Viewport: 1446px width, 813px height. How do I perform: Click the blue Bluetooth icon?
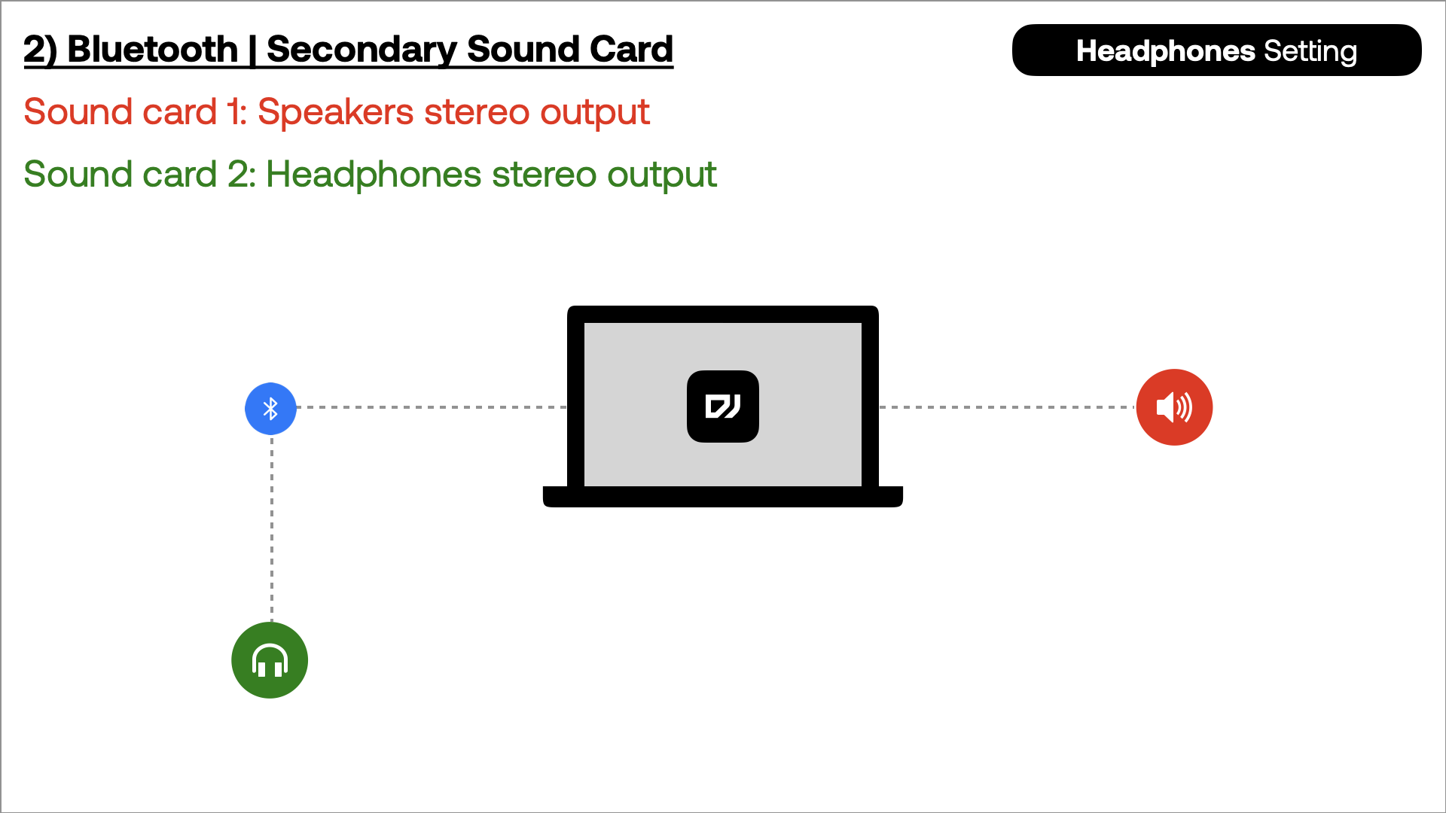pos(270,409)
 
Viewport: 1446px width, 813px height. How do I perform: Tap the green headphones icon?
pos(270,660)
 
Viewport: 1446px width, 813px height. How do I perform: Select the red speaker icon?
pos(1174,407)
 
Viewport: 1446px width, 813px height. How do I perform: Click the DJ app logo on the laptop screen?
pos(723,406)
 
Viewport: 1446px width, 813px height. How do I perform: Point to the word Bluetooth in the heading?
pos(153,50)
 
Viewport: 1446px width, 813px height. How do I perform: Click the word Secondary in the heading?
pos(361,50)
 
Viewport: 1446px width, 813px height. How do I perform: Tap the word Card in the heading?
pos(631,50)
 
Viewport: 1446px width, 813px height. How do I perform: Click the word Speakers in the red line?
pos(336,113)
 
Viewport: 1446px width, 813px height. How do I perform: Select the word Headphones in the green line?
pos(374,175)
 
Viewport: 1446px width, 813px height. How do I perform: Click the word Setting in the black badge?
pos(1310,52)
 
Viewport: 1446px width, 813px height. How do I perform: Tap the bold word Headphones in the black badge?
pos(1166,51)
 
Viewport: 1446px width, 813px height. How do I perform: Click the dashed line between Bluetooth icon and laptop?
pos(432,407)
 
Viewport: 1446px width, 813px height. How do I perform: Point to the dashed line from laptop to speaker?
pos(1008,407)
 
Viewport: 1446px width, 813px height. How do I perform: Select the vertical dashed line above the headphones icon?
pos(272,528)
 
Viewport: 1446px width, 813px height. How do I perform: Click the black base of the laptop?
pos(723,497)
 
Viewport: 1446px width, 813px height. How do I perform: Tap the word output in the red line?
pos(594,113)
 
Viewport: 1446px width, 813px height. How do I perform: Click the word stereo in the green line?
pos(544,175)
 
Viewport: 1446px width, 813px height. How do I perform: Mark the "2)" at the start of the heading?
pos(41,50)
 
